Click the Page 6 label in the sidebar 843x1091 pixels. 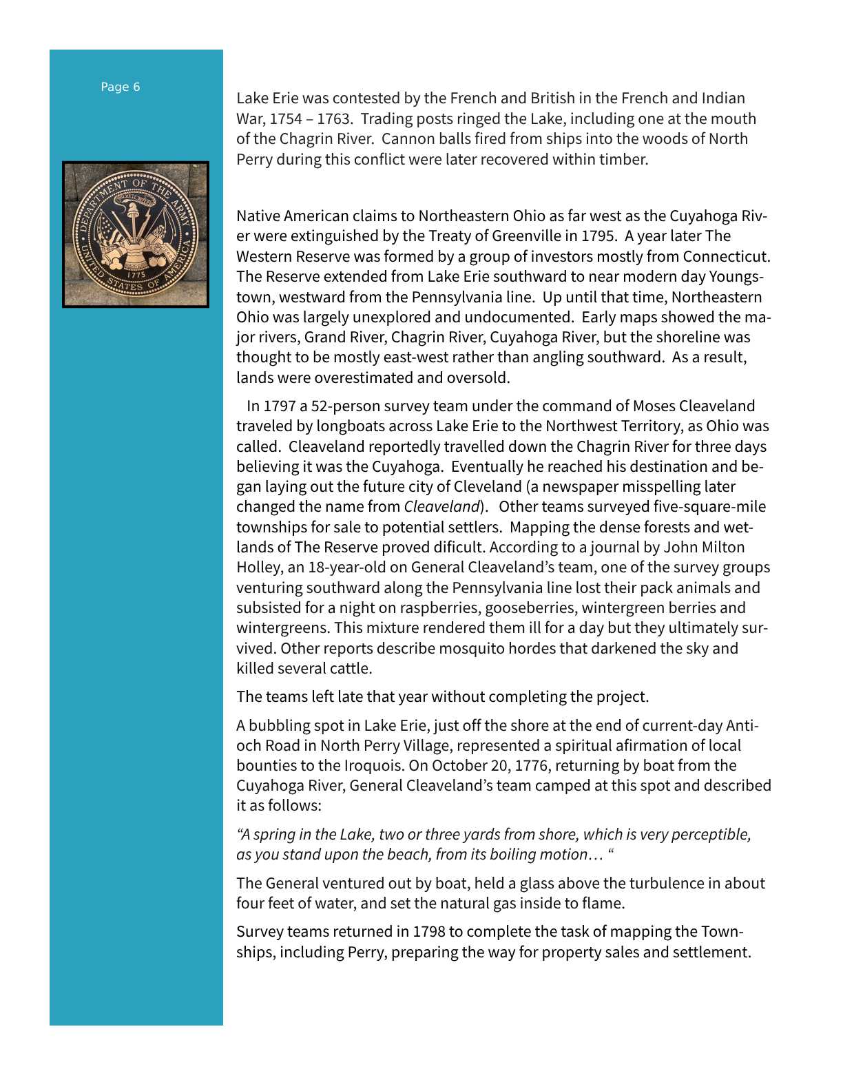pyautogui.click(x=121, y=87)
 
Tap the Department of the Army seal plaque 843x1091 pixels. pyautogui.click(x=136, y=234)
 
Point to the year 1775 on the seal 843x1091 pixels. pyautogui.click(x=136, y=274)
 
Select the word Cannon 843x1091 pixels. pyautogui.click(x=406, y=138)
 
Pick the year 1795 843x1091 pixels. pyautogui.click(x=598, y=236)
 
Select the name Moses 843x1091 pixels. pyautogui.click(x=654, y=406)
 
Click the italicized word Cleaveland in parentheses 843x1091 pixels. pyautogui.click(x=441, y=507)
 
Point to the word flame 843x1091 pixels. pyautogui.click(x=602, y=904)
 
